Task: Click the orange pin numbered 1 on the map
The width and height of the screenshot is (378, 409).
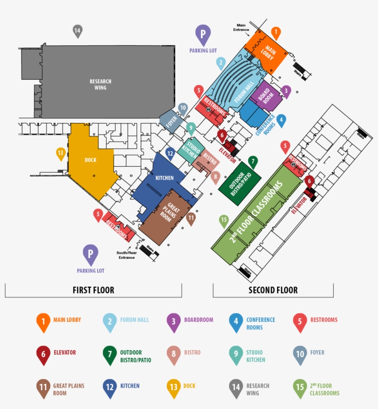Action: (x=276, y=33)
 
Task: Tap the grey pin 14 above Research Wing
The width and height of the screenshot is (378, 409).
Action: (x=77, y=31)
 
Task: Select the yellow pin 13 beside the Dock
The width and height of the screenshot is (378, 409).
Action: (x=61, y=153)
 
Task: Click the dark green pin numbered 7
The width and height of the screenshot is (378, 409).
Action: (x=253, y=162)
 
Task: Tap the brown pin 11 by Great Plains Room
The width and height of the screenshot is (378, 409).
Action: (x=191, y=218)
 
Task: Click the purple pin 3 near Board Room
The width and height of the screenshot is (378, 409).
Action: (x=286, y=91)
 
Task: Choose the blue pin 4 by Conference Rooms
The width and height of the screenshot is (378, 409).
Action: (x=281, y=120)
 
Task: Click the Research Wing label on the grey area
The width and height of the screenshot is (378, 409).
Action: (x=100, y=84)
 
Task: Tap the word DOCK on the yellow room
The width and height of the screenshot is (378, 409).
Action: (x=90, y=160)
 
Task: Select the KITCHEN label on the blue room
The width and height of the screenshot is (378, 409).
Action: (x=164, y=178)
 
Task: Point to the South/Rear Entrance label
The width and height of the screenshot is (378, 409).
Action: (x=126, y=255)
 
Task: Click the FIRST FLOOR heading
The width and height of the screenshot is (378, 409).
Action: (x=94, y=290)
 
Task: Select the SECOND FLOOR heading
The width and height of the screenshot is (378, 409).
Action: (x=273, y=290)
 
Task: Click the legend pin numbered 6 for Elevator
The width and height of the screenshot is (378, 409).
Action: (x=43, y=354)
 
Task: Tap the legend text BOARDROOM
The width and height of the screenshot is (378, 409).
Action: (x=199, y=320)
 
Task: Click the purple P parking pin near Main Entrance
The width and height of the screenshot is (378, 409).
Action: (x=203, y=33)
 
